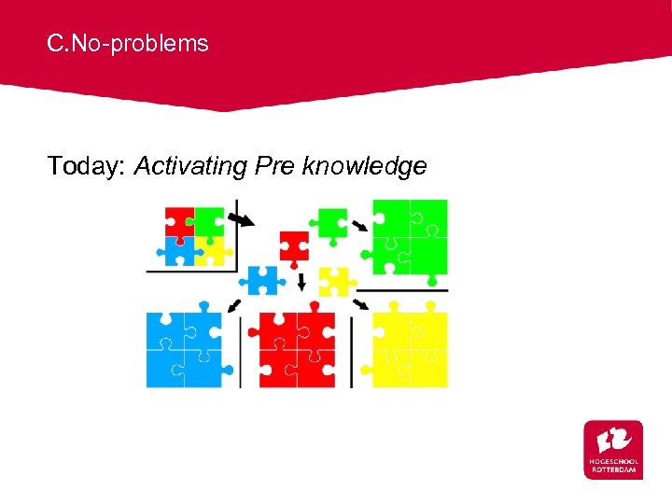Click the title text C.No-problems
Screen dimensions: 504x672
pyautogui.click(x=129, y=43)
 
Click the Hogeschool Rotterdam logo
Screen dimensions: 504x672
pyautogui.click(x=613, y=449)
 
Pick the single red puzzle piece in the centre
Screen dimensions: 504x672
pyautogui.click(x=294, y=245)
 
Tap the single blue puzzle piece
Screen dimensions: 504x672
pyautogui.click(x=262, y=279)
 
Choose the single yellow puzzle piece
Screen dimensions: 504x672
pyautogui.click(x=334, y=281)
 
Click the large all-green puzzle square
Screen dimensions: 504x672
pyautogui.click(x=410, y=237)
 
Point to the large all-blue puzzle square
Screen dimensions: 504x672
pyautogui.click(x=184, y=349)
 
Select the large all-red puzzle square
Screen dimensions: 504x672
pyautogui.click(x=297, y=349)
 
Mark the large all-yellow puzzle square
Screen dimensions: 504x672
pyautogui.click(x=410, y=349)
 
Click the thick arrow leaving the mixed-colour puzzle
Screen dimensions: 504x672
pyautogui.click(x=241, y=219)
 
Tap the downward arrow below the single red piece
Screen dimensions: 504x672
pyautogui.click(x=301, y=281)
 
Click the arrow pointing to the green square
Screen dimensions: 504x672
pyautogui.click(x=359, y=225)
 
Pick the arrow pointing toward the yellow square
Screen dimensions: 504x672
pyautogui.click(x=360, y=304)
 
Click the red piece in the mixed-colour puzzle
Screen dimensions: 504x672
pyautogui.click(x=179, y=222)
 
